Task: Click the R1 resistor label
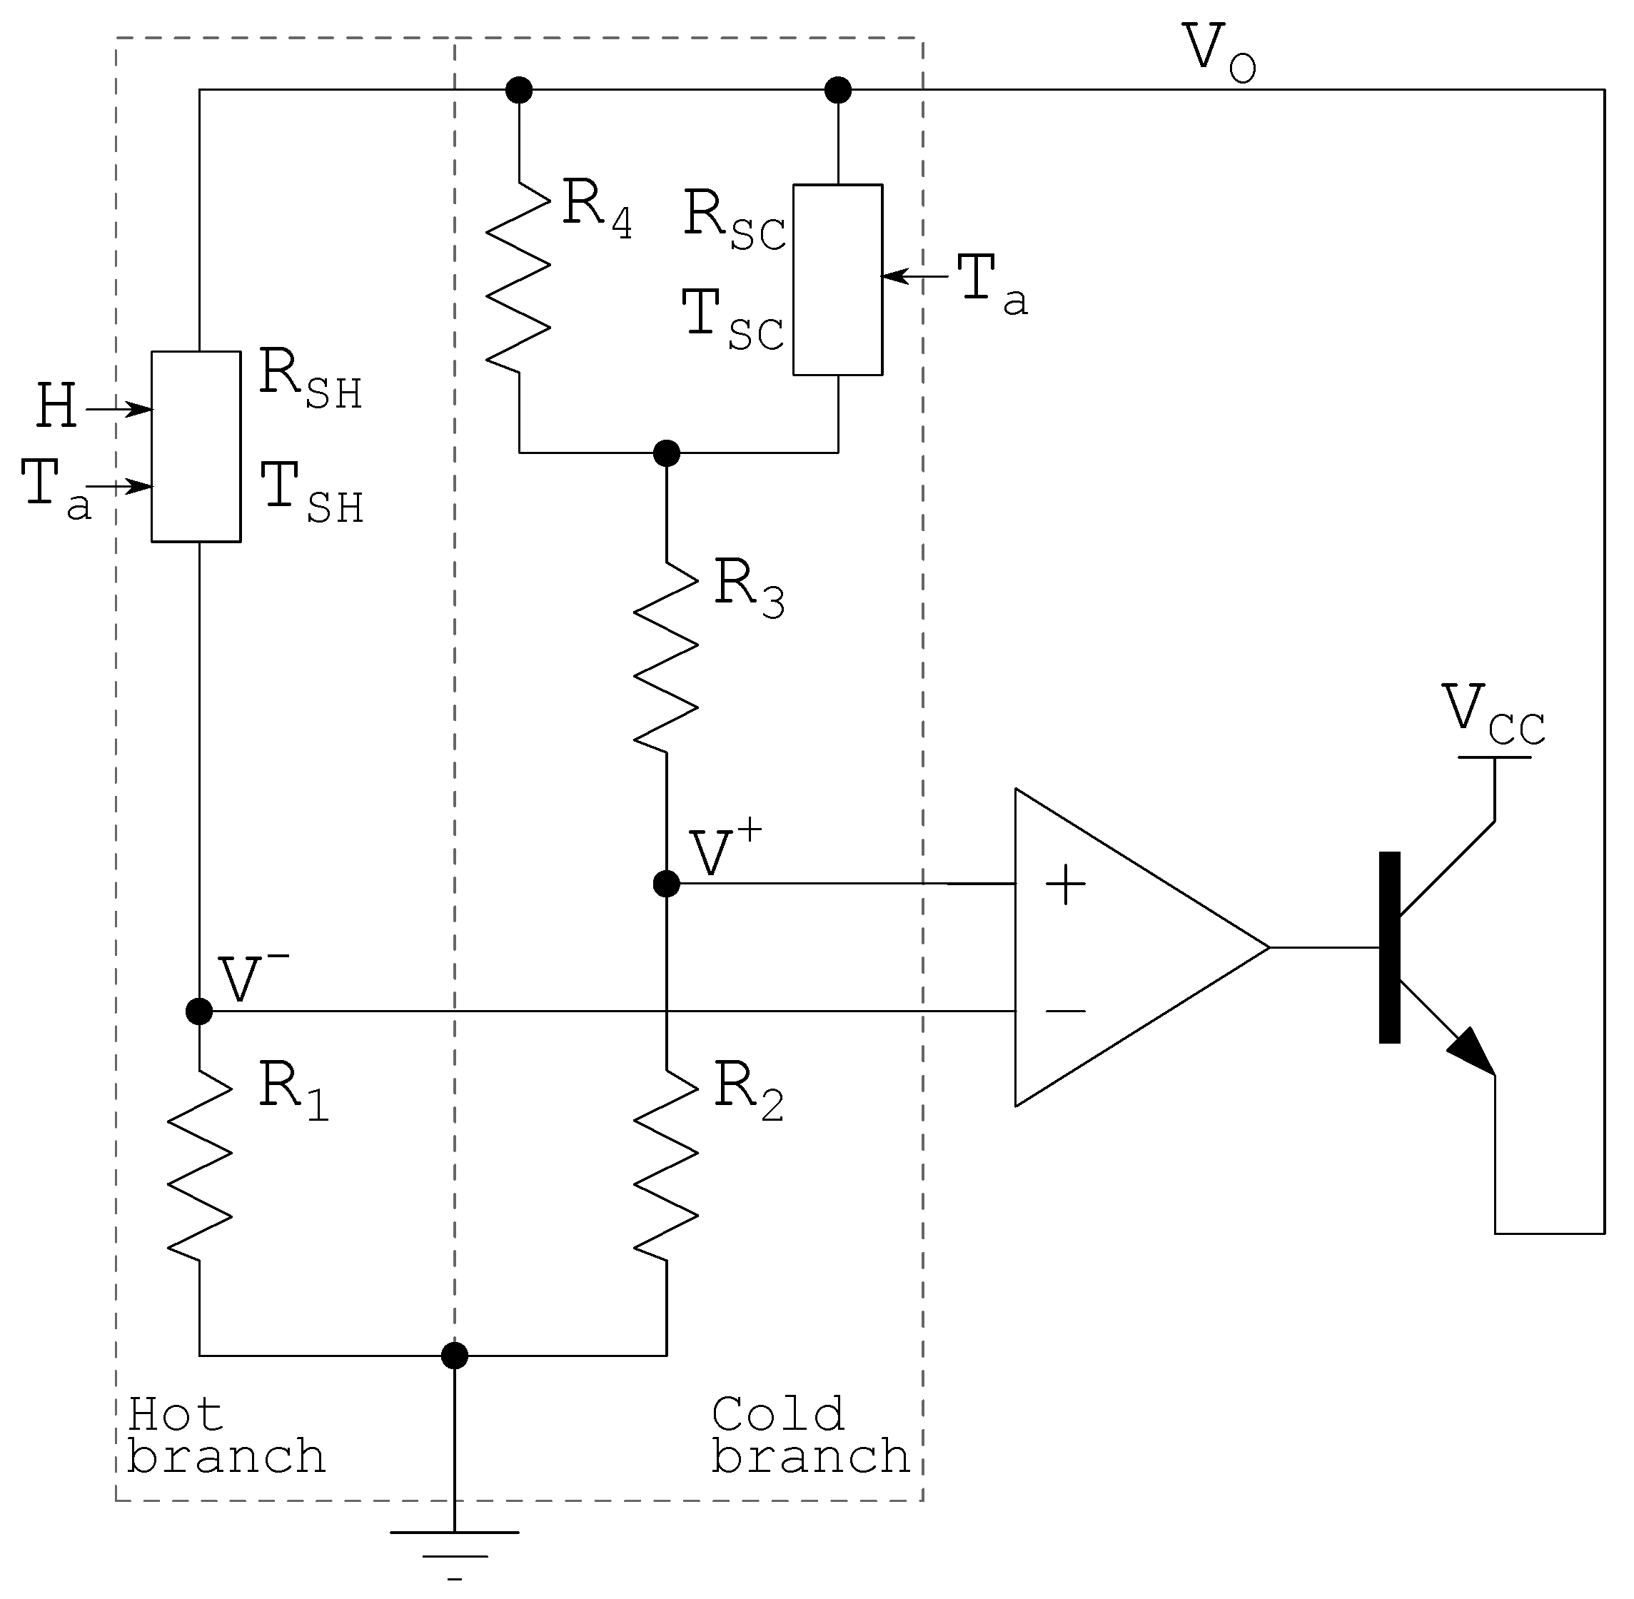(292, 1090)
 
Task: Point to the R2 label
(747, 1090)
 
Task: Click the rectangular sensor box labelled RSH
(196, 447)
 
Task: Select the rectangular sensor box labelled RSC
(837, 280)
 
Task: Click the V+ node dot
(666, 884)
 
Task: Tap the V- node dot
(199, 1011)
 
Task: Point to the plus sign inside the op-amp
(1064, 885)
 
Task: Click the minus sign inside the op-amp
(1064, 1011)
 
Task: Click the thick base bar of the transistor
(1390, 947)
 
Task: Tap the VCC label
(1493, 714)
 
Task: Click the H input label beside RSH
(57, 408)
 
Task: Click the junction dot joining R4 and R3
(666, 453)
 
